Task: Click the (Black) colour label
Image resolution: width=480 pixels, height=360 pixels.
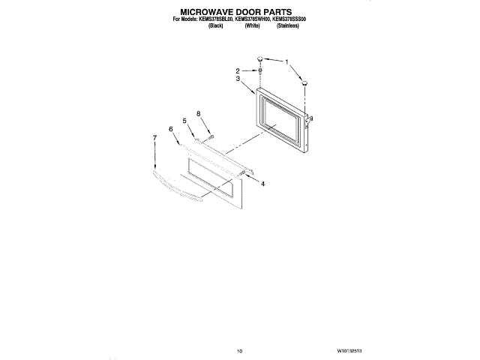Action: (x=215, y=26)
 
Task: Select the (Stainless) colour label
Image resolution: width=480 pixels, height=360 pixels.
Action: (x=288, y=26)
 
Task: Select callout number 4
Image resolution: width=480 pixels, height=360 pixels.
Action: (x=262, y=183)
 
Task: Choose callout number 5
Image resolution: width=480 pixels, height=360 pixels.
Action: (x=183, y=121)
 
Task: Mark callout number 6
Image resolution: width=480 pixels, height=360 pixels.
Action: (x=171, y=129)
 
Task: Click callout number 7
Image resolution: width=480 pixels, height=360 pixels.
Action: (x=155, y=138)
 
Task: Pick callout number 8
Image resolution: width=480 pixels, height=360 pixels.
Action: (x=199, y=113)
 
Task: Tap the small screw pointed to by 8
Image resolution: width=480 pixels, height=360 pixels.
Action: (x=212, y=136)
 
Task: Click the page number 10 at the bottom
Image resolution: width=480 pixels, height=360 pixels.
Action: (x=239, y=349)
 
